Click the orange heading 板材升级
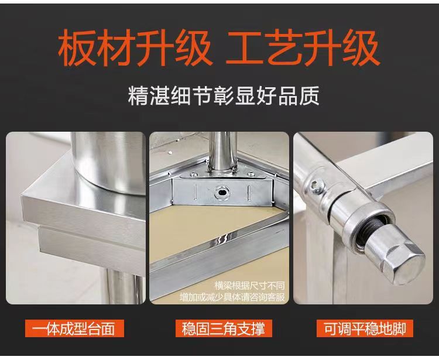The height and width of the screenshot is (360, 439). [x=135, y=49]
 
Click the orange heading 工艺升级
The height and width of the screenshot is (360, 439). [x=303, y=49]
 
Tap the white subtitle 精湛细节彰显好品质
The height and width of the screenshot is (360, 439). [x=224, y=96]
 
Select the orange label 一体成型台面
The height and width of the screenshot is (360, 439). [x=74, y=328]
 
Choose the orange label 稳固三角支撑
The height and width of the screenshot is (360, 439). [x=224, y=328]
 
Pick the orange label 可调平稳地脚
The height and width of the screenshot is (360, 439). [x=365, y=328]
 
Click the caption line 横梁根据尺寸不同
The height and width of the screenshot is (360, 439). [x=249, y=286]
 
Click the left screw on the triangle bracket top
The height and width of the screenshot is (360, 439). [x=193, y=175]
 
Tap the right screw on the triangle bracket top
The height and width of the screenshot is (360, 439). [x=249, y=174]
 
